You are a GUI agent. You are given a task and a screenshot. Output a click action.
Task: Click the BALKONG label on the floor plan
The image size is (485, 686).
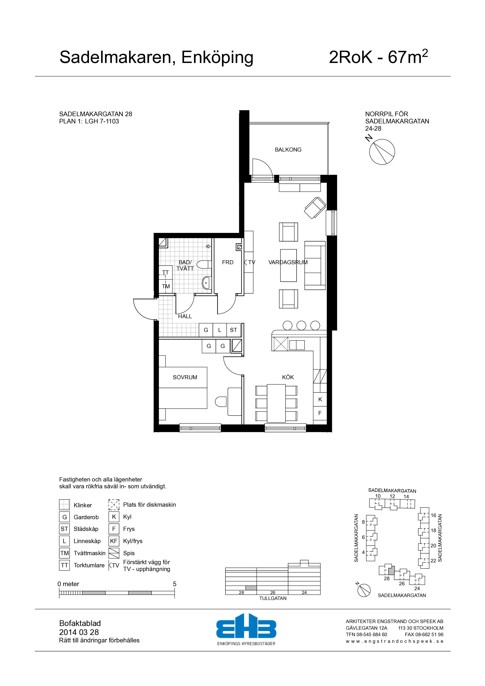click(x=288, y=150)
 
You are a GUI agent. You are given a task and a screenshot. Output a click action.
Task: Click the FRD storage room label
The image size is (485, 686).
click(x=228, y=262)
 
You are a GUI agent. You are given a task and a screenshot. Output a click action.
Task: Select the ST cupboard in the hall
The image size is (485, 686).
click(x=233, y=330)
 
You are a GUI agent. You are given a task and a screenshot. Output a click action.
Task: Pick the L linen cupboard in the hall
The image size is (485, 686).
click(x=220, y=330)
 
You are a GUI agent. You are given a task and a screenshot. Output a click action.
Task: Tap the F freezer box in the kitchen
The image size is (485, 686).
click(x=320, y=413)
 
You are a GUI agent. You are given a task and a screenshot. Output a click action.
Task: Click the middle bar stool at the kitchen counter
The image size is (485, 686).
click(x=301, y=325)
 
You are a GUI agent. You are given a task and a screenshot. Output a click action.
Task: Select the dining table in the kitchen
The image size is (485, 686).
click(x=276, y=403)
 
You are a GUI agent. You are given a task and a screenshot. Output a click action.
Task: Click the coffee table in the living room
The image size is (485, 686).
click(x=288, y=265)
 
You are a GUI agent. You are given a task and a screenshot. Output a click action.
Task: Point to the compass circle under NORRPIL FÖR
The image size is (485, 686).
click(x=382, y=152)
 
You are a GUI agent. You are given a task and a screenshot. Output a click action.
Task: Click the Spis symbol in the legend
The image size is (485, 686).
click(x=114, y=553)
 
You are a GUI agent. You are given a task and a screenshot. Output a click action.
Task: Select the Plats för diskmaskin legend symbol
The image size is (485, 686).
click(x=114, y=505)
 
